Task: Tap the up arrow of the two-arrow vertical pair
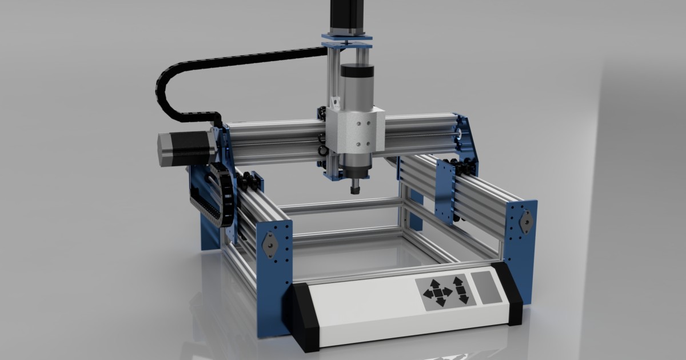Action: (457, 282)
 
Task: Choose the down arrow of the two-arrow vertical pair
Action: (463, 298)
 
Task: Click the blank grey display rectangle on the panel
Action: (486, 287)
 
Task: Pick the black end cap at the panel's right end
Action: (511, 294)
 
